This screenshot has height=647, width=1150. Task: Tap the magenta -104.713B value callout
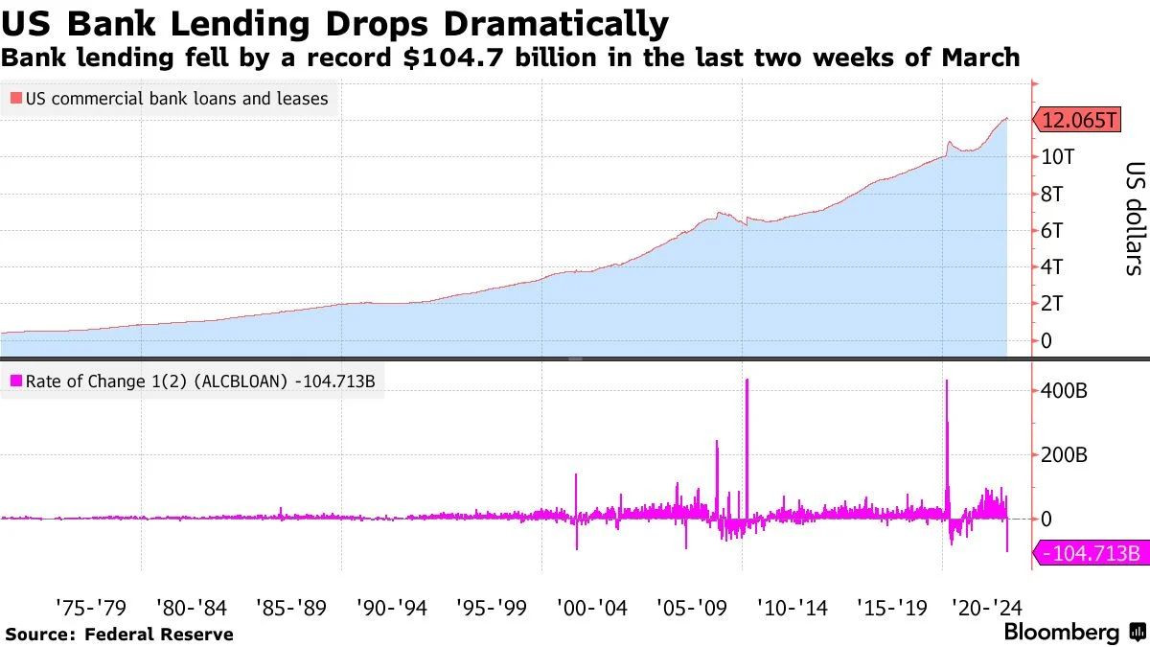1088,553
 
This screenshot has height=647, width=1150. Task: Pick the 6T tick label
1055,231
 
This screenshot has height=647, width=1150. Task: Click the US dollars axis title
1134,218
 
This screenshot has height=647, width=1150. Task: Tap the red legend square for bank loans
15,99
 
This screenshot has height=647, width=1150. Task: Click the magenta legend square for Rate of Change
15,381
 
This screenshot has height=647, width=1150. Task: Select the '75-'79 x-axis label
92,607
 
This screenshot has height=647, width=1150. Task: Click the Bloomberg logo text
1061,633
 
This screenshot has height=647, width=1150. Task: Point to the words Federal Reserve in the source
159,634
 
